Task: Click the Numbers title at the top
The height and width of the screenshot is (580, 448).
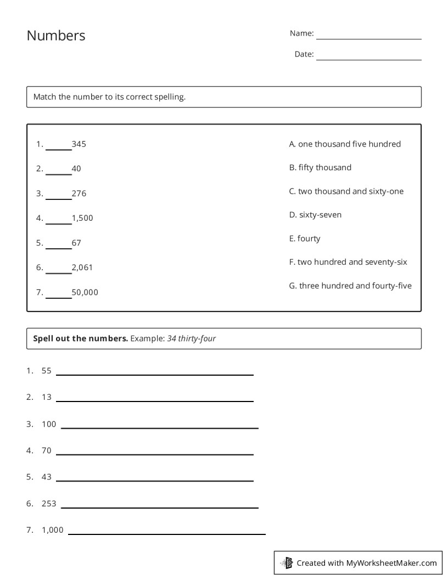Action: pos(56,36)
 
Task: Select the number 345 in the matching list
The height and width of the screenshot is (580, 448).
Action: pos(79,144)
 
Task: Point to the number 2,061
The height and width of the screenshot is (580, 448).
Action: pos(82,267)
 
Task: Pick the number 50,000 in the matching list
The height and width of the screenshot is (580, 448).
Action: pos(85,292)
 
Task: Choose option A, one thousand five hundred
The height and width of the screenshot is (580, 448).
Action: pos(345,144)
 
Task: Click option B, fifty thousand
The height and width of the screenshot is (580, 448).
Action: pos(320,168)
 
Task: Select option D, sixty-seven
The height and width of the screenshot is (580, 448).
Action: pos(315,215)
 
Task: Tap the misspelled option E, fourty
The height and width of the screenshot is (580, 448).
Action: pos(305,238)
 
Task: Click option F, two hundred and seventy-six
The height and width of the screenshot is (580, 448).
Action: pos(348,262)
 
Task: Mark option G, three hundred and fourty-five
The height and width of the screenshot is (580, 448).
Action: pos(350,286)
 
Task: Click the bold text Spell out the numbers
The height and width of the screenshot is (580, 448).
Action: pos(80,338)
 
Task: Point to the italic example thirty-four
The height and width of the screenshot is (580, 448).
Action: pos(197,338)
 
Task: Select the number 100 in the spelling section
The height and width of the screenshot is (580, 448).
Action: pos(49,424)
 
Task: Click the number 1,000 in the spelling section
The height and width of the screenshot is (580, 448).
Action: pos(53,530)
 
